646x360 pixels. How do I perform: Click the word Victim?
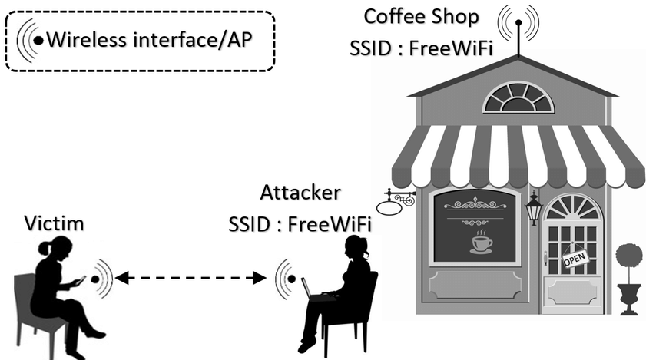coord(54,223)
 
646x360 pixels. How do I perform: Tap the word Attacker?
coord(301,193)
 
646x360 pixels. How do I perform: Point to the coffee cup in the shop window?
coord(481,244)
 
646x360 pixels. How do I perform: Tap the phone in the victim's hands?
coord(80,280)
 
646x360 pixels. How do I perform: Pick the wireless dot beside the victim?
coord(95,279)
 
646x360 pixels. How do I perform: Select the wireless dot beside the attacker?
coord(292,279)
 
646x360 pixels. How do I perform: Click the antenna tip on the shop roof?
coord(518,22)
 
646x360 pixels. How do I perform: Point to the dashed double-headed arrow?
coord(190,278)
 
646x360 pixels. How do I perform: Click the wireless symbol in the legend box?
coord(30,41)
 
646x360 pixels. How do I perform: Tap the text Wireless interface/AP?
coord(149,40)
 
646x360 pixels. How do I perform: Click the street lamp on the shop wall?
coord(534,208)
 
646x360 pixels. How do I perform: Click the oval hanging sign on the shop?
coord(389,206)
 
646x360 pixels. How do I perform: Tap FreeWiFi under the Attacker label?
coord(330,225)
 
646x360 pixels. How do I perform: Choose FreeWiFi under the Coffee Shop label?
coord(451,48)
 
